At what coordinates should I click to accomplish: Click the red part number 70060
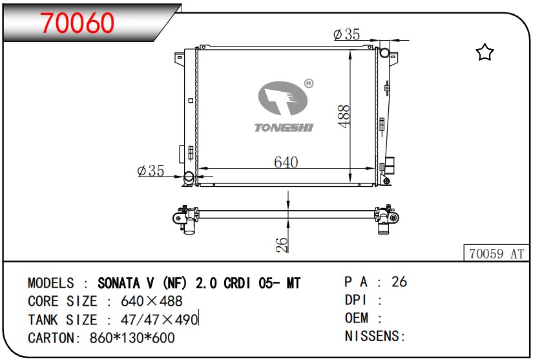[x=77, y=23]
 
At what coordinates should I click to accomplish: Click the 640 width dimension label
[x=286, y=162]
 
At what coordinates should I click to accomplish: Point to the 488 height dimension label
[x=344, y=116]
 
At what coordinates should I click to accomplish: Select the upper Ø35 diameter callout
[x=346, y=34]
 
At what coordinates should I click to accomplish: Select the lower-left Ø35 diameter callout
[x=151, y=171]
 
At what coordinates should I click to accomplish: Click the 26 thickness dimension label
[x=282, y=245]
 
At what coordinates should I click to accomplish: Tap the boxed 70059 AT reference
[x=497, y=253]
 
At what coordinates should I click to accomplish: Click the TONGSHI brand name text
[x=284, y=127]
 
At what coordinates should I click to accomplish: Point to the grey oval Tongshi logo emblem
[x=282, y=98]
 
